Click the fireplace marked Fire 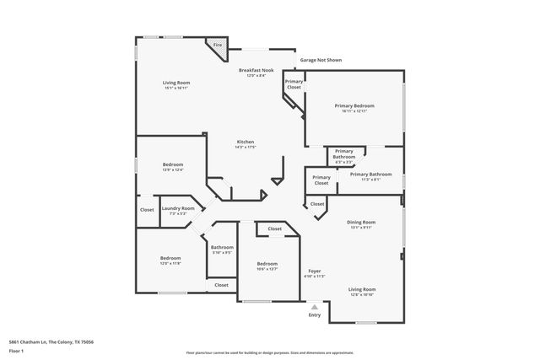(218, 47)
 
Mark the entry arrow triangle (315, 307)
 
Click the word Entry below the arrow (315, 315)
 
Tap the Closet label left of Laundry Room (147, 210)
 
